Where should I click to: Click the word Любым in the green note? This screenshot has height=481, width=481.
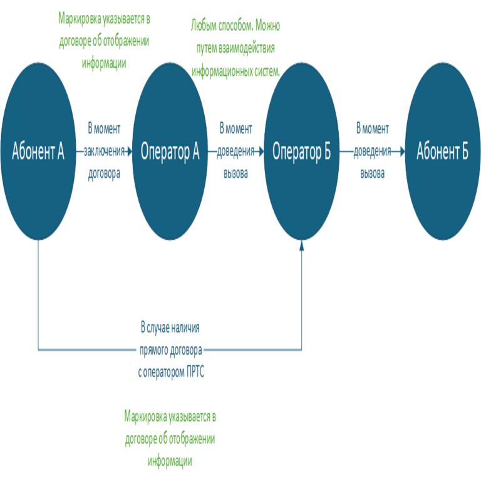click(205, 26)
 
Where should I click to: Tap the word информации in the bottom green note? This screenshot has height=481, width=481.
click(170, 462)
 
